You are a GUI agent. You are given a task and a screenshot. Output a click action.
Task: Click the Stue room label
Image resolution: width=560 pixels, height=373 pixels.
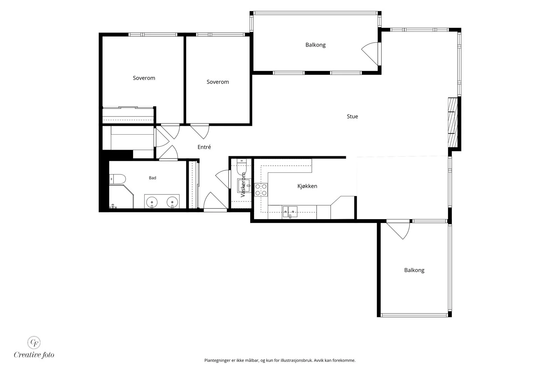coord(352,116)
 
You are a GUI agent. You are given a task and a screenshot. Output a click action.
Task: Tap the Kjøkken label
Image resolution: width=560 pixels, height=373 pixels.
coord(307,186)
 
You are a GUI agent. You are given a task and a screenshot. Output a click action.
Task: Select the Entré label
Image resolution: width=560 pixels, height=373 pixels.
coord(204,147)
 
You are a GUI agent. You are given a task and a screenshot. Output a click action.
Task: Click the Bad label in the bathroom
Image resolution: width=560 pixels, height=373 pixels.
coord(153,178)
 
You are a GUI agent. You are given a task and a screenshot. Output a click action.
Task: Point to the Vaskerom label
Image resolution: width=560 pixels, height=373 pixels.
coord(243,185)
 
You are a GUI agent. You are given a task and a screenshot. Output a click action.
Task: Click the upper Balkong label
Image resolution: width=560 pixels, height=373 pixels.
coord(315,45)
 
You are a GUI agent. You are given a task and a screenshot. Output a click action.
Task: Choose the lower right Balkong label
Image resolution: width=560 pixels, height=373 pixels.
coord(414,270)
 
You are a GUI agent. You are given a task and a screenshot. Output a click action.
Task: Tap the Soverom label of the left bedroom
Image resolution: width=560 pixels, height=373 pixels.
coord(144,78)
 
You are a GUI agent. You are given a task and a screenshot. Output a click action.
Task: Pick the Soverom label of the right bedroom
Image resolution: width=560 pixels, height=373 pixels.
coord(218,82)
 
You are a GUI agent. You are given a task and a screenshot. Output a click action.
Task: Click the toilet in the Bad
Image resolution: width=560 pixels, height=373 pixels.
coord(118,179)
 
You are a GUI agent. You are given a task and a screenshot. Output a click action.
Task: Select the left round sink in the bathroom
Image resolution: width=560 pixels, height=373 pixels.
coord(152,202)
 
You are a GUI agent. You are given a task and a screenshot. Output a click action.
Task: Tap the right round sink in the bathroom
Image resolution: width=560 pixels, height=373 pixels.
coord(172,202)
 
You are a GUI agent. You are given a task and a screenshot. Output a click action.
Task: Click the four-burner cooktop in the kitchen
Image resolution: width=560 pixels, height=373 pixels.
coord(261,190)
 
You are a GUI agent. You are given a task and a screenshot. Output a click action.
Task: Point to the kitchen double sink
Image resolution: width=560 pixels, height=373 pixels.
coord(290,212)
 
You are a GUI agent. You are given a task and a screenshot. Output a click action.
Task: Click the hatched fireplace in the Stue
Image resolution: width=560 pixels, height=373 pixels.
coord(453,122)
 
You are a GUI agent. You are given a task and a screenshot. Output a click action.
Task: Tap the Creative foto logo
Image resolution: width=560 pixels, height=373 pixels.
coord(34,347)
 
